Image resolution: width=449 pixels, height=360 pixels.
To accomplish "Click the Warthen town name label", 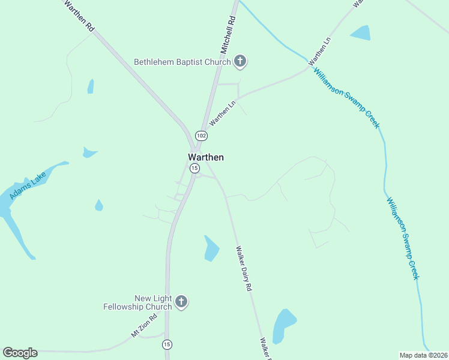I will point(206,157).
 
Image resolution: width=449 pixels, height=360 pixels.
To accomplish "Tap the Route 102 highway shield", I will point(201,136).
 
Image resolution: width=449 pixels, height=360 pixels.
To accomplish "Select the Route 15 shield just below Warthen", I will point(194,169).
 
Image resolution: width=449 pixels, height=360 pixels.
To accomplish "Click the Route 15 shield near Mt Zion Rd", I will point(167,344).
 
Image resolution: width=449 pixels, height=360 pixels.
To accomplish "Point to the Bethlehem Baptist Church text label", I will point(182,62).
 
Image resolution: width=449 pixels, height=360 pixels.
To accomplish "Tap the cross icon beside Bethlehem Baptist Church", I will point(240,61).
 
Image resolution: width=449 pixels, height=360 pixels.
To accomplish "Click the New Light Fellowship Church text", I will point(153,302).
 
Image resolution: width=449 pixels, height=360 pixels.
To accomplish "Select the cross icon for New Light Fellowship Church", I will point(181,302).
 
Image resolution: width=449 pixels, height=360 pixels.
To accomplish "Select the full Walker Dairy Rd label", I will point(243,268).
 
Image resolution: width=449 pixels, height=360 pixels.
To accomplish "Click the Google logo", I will point(20,353).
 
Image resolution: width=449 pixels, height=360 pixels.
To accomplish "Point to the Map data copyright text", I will point(423,355).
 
